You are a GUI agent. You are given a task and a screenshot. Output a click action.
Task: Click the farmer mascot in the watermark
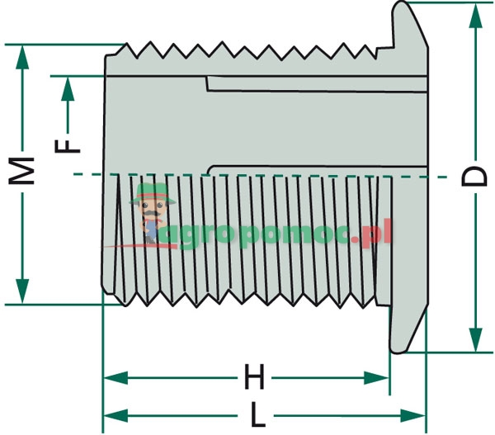point(150,214)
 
